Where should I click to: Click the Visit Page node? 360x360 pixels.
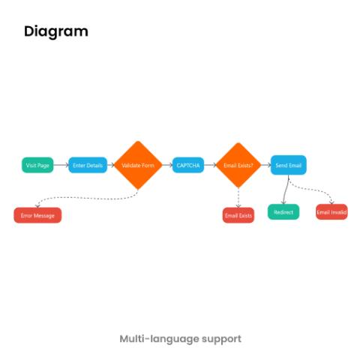pyautogui.click(x=37, y=165)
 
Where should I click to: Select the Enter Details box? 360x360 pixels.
pyautogui.click(x=88, y=165)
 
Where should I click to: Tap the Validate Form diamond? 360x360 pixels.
pyautogui.click(x=138, y=165)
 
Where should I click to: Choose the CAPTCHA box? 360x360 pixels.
pyautogui.click(x=188, y=165)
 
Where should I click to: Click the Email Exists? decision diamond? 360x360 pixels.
pyautogui.click(x=238, y=165)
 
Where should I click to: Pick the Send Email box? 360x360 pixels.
pyautogui.click(x=289, y=165)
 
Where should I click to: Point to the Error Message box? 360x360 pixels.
pyautogui.click(x=37, y=215)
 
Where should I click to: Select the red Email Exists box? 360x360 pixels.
pyautogui.click(x=238, y=215)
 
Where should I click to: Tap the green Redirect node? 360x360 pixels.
pyautogui.click(x=283, y=212)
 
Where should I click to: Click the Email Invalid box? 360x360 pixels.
pyautogui.click(x=331, y=212)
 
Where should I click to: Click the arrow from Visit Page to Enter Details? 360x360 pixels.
pyautogui.click(x=61, y=165)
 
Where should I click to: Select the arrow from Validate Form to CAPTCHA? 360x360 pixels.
pyautogui.click(x=167, y=165)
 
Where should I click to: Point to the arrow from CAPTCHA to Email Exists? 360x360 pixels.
pyautogui.click(x=210, y=165)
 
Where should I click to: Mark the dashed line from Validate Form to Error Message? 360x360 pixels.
pyautogui.click(x=88, y=198)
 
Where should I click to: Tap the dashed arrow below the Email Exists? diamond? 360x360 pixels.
pyautogui.click(x=238, y=197)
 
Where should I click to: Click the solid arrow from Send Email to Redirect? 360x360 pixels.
pyautogui.click(x=286, y=190)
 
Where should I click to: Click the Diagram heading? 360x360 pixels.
pyautogui.click(x=56, y=31)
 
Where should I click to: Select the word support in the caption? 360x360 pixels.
pyautogui.click(x=221, y=340)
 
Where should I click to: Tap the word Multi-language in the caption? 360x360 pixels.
pyautogui.click(x=159, y=339)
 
